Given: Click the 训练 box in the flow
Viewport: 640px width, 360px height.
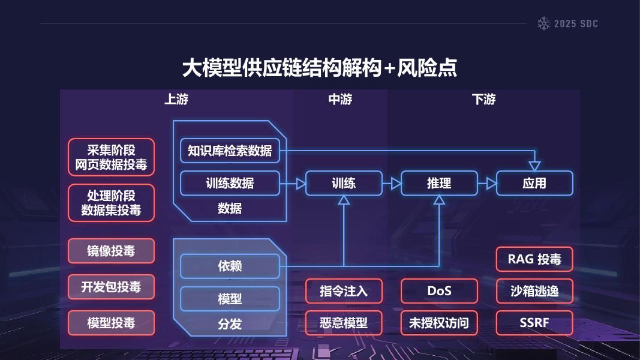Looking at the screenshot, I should click(344, 184).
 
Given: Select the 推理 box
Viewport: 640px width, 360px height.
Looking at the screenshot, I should click(439, 184).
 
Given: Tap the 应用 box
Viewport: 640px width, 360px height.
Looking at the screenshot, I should click(534, 184).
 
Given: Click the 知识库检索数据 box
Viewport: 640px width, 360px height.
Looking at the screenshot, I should click(230, 151).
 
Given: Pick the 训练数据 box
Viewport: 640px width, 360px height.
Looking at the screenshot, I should click(230, 184).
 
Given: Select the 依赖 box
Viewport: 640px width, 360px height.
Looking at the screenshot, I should click(230, 266).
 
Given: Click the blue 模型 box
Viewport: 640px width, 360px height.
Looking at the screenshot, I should click(230, 299).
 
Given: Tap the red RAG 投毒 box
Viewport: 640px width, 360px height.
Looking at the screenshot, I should click(534, 259).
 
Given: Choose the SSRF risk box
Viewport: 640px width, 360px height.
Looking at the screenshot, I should click(534, 323).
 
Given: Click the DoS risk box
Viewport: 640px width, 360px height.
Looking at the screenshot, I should click(439, 291).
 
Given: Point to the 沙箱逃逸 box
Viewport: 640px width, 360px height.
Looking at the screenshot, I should click(534, 291).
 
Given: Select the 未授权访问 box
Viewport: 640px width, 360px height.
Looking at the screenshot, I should click(439, 323).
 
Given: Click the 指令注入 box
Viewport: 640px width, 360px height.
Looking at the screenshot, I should click(344, 291).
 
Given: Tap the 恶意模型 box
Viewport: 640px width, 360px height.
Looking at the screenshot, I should click(344, 323).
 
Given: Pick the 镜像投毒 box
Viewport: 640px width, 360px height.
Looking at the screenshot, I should click(111, 251).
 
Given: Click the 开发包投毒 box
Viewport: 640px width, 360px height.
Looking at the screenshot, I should click(111, 287).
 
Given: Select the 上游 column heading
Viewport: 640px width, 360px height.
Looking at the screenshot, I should click(176, 100).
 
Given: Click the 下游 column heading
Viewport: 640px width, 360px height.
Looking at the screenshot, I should click(483, 100).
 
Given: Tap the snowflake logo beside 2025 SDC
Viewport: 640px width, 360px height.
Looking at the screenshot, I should click(544, 24).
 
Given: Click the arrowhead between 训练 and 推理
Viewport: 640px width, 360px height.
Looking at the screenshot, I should click(396, 184).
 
